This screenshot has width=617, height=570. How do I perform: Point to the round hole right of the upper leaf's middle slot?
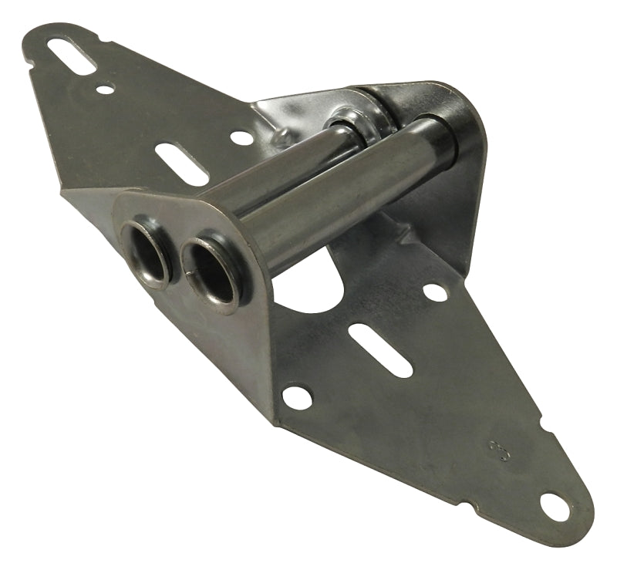coord(241,137)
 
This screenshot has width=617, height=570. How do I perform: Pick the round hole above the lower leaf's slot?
coord(435,292)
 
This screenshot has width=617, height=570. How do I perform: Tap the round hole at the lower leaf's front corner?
coord(296,397)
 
